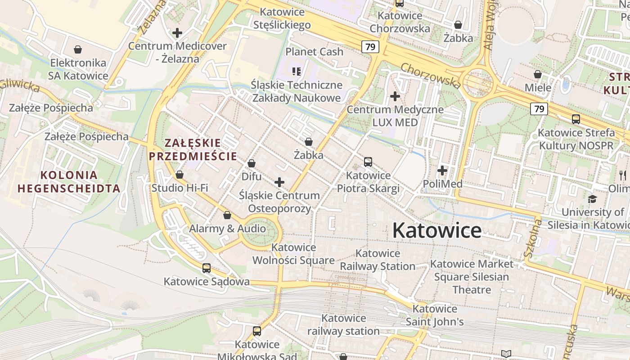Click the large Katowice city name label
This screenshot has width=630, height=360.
click(x=436, y=230)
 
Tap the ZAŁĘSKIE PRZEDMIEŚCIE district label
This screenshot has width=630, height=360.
click(x=193, y=149)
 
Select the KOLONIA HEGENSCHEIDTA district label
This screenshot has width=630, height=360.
click(x=68, y=182)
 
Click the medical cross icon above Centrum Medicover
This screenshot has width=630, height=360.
click(x=177, y=33)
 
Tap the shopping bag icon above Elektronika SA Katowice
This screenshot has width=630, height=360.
click(x=78, y=49)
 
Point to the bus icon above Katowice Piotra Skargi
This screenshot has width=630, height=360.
click(x=368, y=162)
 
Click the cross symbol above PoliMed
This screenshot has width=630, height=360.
click(x=442, y=171)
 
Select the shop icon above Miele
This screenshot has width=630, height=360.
click(x=538, y=74)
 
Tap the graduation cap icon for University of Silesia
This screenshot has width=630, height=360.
click(x=592, y=199)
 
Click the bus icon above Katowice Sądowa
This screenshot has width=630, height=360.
click(x=206, y=268)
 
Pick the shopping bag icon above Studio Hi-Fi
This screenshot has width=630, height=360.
click(x=180, y=175)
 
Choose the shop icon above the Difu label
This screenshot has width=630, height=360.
click(x=252, y=163)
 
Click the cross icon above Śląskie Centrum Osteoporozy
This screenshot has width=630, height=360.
click(x=279, y=182)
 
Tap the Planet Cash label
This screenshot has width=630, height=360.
click(x=314, y=52)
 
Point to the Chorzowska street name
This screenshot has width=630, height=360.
click(x=430, y=75)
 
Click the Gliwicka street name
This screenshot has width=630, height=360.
click(x=20, y=85)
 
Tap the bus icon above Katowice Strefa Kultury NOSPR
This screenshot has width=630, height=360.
click(x=576, y=119)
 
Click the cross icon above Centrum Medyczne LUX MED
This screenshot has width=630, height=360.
click(x=395, y=96)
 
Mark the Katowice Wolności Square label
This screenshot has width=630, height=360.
click(x=293, y=254)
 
